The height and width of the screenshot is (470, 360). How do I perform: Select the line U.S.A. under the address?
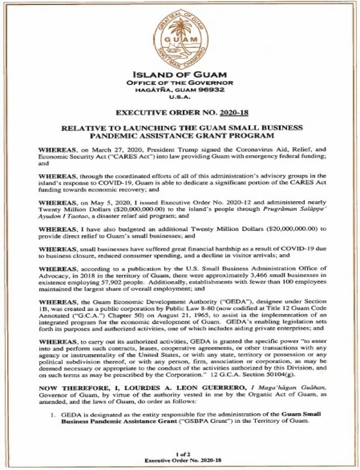click(x=180, y=97)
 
